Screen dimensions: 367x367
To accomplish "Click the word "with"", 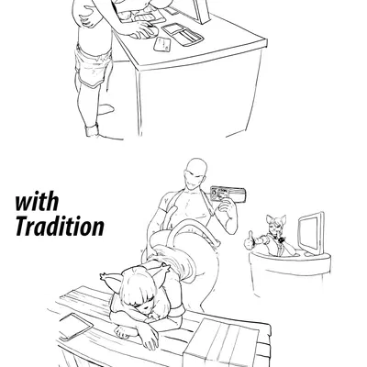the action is click(37, 201).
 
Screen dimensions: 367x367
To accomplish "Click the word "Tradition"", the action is click(60, 226).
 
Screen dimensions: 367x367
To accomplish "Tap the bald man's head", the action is click(195, 173).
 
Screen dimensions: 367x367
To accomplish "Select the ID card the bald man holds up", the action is click(228, 194).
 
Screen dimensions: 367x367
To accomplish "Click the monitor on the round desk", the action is click(311, 232).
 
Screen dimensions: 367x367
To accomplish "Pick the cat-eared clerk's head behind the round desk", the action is click(276, 225).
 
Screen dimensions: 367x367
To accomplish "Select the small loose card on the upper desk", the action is click(162, 44).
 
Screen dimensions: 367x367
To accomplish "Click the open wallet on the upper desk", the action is click(183, 34).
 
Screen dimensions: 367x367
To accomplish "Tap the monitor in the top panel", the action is click(195, 10).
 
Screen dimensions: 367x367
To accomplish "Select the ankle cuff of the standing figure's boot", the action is click(92, 130).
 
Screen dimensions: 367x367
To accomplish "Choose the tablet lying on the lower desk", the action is click(75, 327).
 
